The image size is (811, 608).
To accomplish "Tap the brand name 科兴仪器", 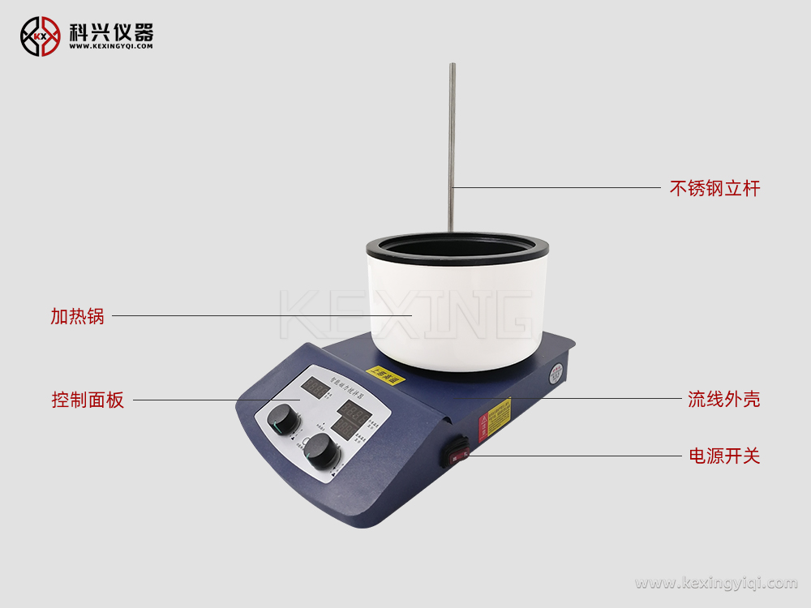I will [x=111, y=31].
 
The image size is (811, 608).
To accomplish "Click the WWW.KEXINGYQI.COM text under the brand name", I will [x=111, y=47].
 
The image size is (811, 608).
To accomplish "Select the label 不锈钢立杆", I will [x=714, y=189].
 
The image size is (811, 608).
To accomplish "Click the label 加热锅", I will [x=78, y=316].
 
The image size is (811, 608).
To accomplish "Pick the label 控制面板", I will [x=88, y=400].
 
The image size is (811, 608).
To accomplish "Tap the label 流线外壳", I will [x=723, y=399].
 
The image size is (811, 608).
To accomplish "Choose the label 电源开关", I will [x=723, y=456].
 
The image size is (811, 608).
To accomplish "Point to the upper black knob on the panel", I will [x=283, y=419].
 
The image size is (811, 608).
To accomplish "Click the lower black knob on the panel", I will [x=322, y=451].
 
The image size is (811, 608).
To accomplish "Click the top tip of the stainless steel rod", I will [x=453, y=66].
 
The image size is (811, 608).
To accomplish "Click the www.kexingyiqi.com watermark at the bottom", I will [x=716, y=583].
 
